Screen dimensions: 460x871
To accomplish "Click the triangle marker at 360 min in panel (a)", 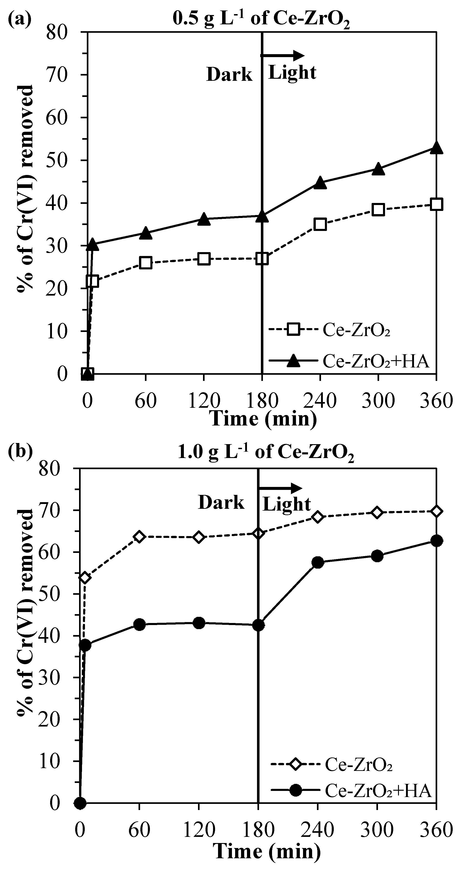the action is click(x=436, y=147).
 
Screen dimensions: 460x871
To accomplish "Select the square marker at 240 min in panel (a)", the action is click(x=320, y=224).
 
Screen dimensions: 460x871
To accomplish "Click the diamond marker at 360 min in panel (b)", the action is click(x=436, y=511).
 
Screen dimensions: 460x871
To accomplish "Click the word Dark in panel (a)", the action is click(x=229, y=75).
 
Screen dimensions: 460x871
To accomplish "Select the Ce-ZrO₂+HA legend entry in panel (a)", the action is click(x=349, y=362).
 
